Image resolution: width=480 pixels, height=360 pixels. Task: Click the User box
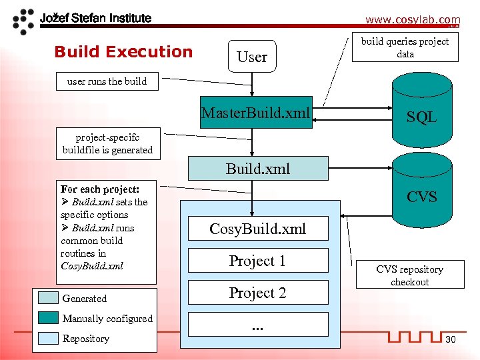pyautogui.click(x=252, y=57)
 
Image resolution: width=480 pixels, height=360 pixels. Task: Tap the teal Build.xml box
pyautogui.click(x=258, y=168)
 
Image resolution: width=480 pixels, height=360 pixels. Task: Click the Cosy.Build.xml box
pyautogui.click(x=258, y=229)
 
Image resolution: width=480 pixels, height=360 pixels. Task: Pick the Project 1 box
pyautogui.click(x=258, y=261)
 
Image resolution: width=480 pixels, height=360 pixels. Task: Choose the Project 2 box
pyautogui.click(x=258, y=293)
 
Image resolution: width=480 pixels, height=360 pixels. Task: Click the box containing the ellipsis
pyautogui.click(x=258, y=325)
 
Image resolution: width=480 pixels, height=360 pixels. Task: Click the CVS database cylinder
pyautogui.click(x=421, y=193)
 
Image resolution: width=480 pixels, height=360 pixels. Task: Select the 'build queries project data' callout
pyautogui.click(x=405, y=48)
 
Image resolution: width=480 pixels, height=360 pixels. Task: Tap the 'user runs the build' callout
pyautogui.click(x=107, y=81)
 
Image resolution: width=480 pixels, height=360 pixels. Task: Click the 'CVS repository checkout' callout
pyautogui.click(x=409, y=275)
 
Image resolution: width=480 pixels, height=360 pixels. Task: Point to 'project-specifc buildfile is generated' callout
pyautogui.click(x=107, y=143)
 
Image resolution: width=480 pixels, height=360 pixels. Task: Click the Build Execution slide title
pyautogui.click(x=123, y=51)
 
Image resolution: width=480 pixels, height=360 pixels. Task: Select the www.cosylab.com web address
pyautogui.click(x=412, y=20)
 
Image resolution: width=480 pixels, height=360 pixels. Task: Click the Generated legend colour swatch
pyautogui.click(x=48, y=298)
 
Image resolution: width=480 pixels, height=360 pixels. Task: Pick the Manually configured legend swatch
pyautogui.click(x=48, y=318)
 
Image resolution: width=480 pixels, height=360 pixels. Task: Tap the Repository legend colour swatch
pyautogui.click(x=48, y=338)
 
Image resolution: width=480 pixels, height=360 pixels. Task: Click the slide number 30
pyautogui.click(x=450, y=340)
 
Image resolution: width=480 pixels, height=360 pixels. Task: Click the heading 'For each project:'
pyautogui.click(x=99, y=189)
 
